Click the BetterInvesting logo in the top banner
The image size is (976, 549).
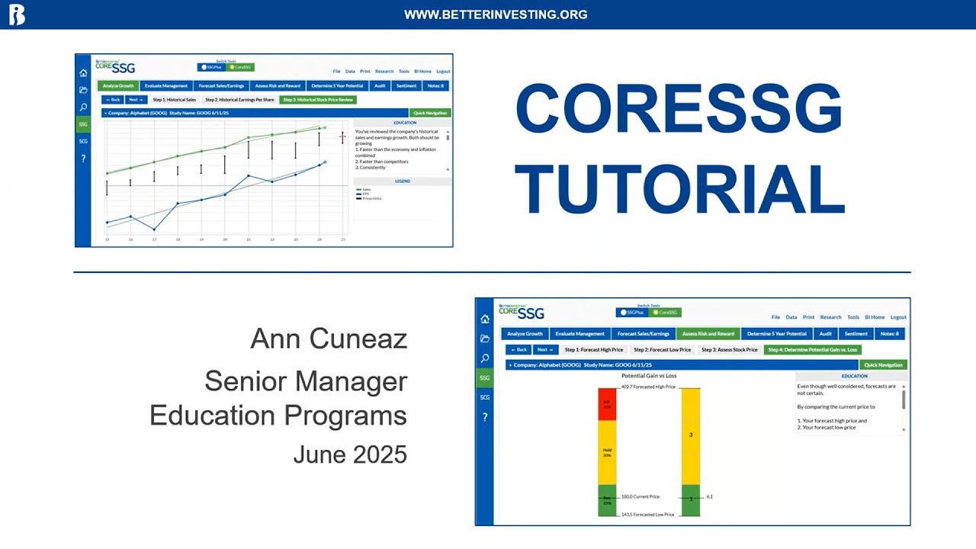point(16,14)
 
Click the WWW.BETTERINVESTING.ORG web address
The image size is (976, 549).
point(496,14)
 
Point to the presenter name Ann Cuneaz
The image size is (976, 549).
point(329,339)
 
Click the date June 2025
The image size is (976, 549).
point(350,454)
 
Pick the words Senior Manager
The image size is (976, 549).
point(306,380)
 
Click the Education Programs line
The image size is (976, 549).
point(278,416)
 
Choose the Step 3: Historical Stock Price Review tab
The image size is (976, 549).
point(318,100)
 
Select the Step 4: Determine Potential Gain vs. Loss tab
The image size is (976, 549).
point(813,350)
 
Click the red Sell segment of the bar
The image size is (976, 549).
point(607,404)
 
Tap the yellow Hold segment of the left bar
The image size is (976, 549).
point(607,452)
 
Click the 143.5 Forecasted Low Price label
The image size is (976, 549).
point(647,515)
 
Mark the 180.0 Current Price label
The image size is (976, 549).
point(640,496)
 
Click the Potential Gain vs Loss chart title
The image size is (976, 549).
point(649,376)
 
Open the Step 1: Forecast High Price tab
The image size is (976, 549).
point(593,350)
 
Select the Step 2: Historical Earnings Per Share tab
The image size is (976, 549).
point(239,100)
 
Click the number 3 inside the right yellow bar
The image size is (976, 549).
point(691,435)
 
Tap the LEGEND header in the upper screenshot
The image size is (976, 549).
point(402,181)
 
